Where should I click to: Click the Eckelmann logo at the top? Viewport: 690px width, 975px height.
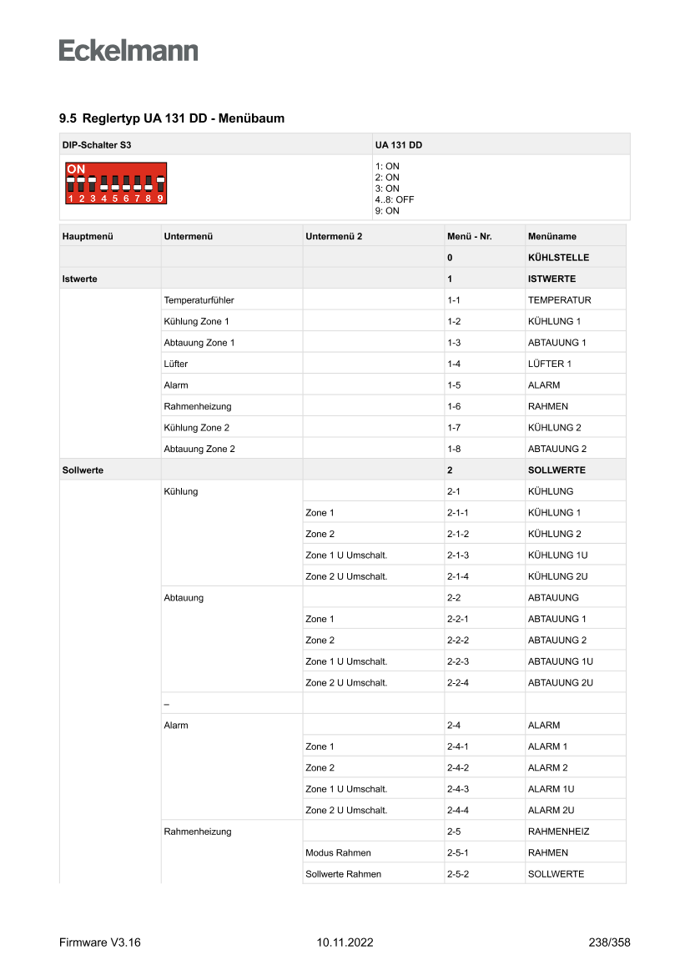click(128, 51)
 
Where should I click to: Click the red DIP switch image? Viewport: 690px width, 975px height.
click(118, 183)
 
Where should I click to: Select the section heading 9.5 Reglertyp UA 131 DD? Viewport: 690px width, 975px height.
click(172, 118)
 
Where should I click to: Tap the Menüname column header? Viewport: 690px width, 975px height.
click(551, 236)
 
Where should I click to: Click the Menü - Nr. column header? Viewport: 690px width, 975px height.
click(469, 236)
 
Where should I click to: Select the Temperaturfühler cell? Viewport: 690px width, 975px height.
click(199, 300)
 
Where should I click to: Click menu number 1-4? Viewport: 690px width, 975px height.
click(454, 364)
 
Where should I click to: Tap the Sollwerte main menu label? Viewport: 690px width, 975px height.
click(83, 470)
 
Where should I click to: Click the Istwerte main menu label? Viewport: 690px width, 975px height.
click(79, 279)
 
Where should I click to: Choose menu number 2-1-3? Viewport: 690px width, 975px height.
click(458, 555)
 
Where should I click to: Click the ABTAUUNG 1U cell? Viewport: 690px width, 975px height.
click(560, 661)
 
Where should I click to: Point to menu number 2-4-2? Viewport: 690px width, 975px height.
click(458, 767)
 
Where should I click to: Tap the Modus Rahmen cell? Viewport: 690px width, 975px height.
click(338, 852)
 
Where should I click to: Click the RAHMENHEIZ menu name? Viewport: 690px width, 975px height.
click(559, 832)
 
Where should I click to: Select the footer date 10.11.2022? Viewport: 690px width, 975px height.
click(345, 942)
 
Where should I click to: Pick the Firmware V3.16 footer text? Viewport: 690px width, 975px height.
click(100, 942)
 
